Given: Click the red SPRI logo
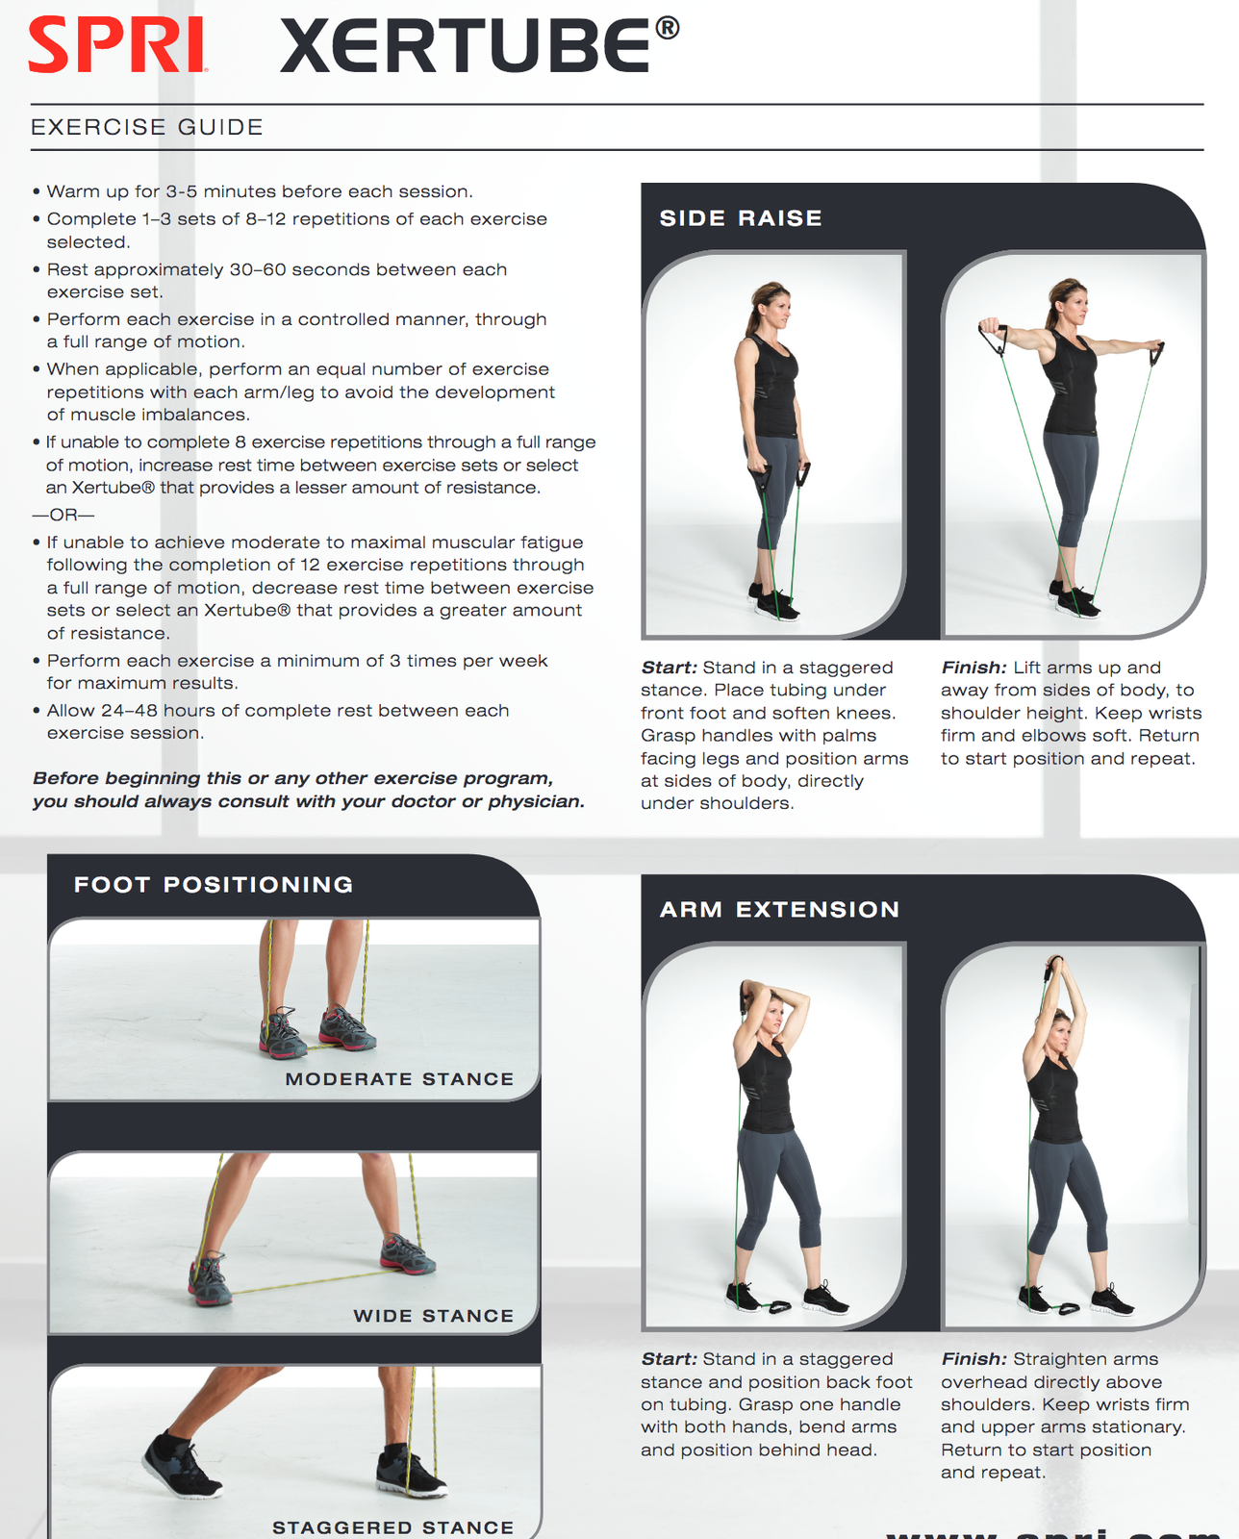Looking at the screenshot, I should pos(117,46).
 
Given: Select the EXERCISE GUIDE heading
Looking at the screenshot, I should pos(147,127).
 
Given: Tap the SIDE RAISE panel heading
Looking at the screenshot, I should pos(741,218).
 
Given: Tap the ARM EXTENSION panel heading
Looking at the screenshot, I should pos(779,909).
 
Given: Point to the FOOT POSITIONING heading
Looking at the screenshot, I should pos(214,884).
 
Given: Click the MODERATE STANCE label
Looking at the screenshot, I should pos(399,1079).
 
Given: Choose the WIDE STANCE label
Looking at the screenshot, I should pos(433,1316).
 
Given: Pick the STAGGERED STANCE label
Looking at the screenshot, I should pos(392,1527).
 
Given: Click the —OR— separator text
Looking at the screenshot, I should pos(63,515).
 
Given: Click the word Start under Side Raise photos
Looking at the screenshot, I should pos(669,668).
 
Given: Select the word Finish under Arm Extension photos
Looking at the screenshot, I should pos(973,1359).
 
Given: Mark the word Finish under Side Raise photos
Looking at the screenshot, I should pos(973,668).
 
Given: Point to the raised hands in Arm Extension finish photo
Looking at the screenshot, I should pos(1055,964).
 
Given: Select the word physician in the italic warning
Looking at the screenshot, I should pos(535,801).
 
